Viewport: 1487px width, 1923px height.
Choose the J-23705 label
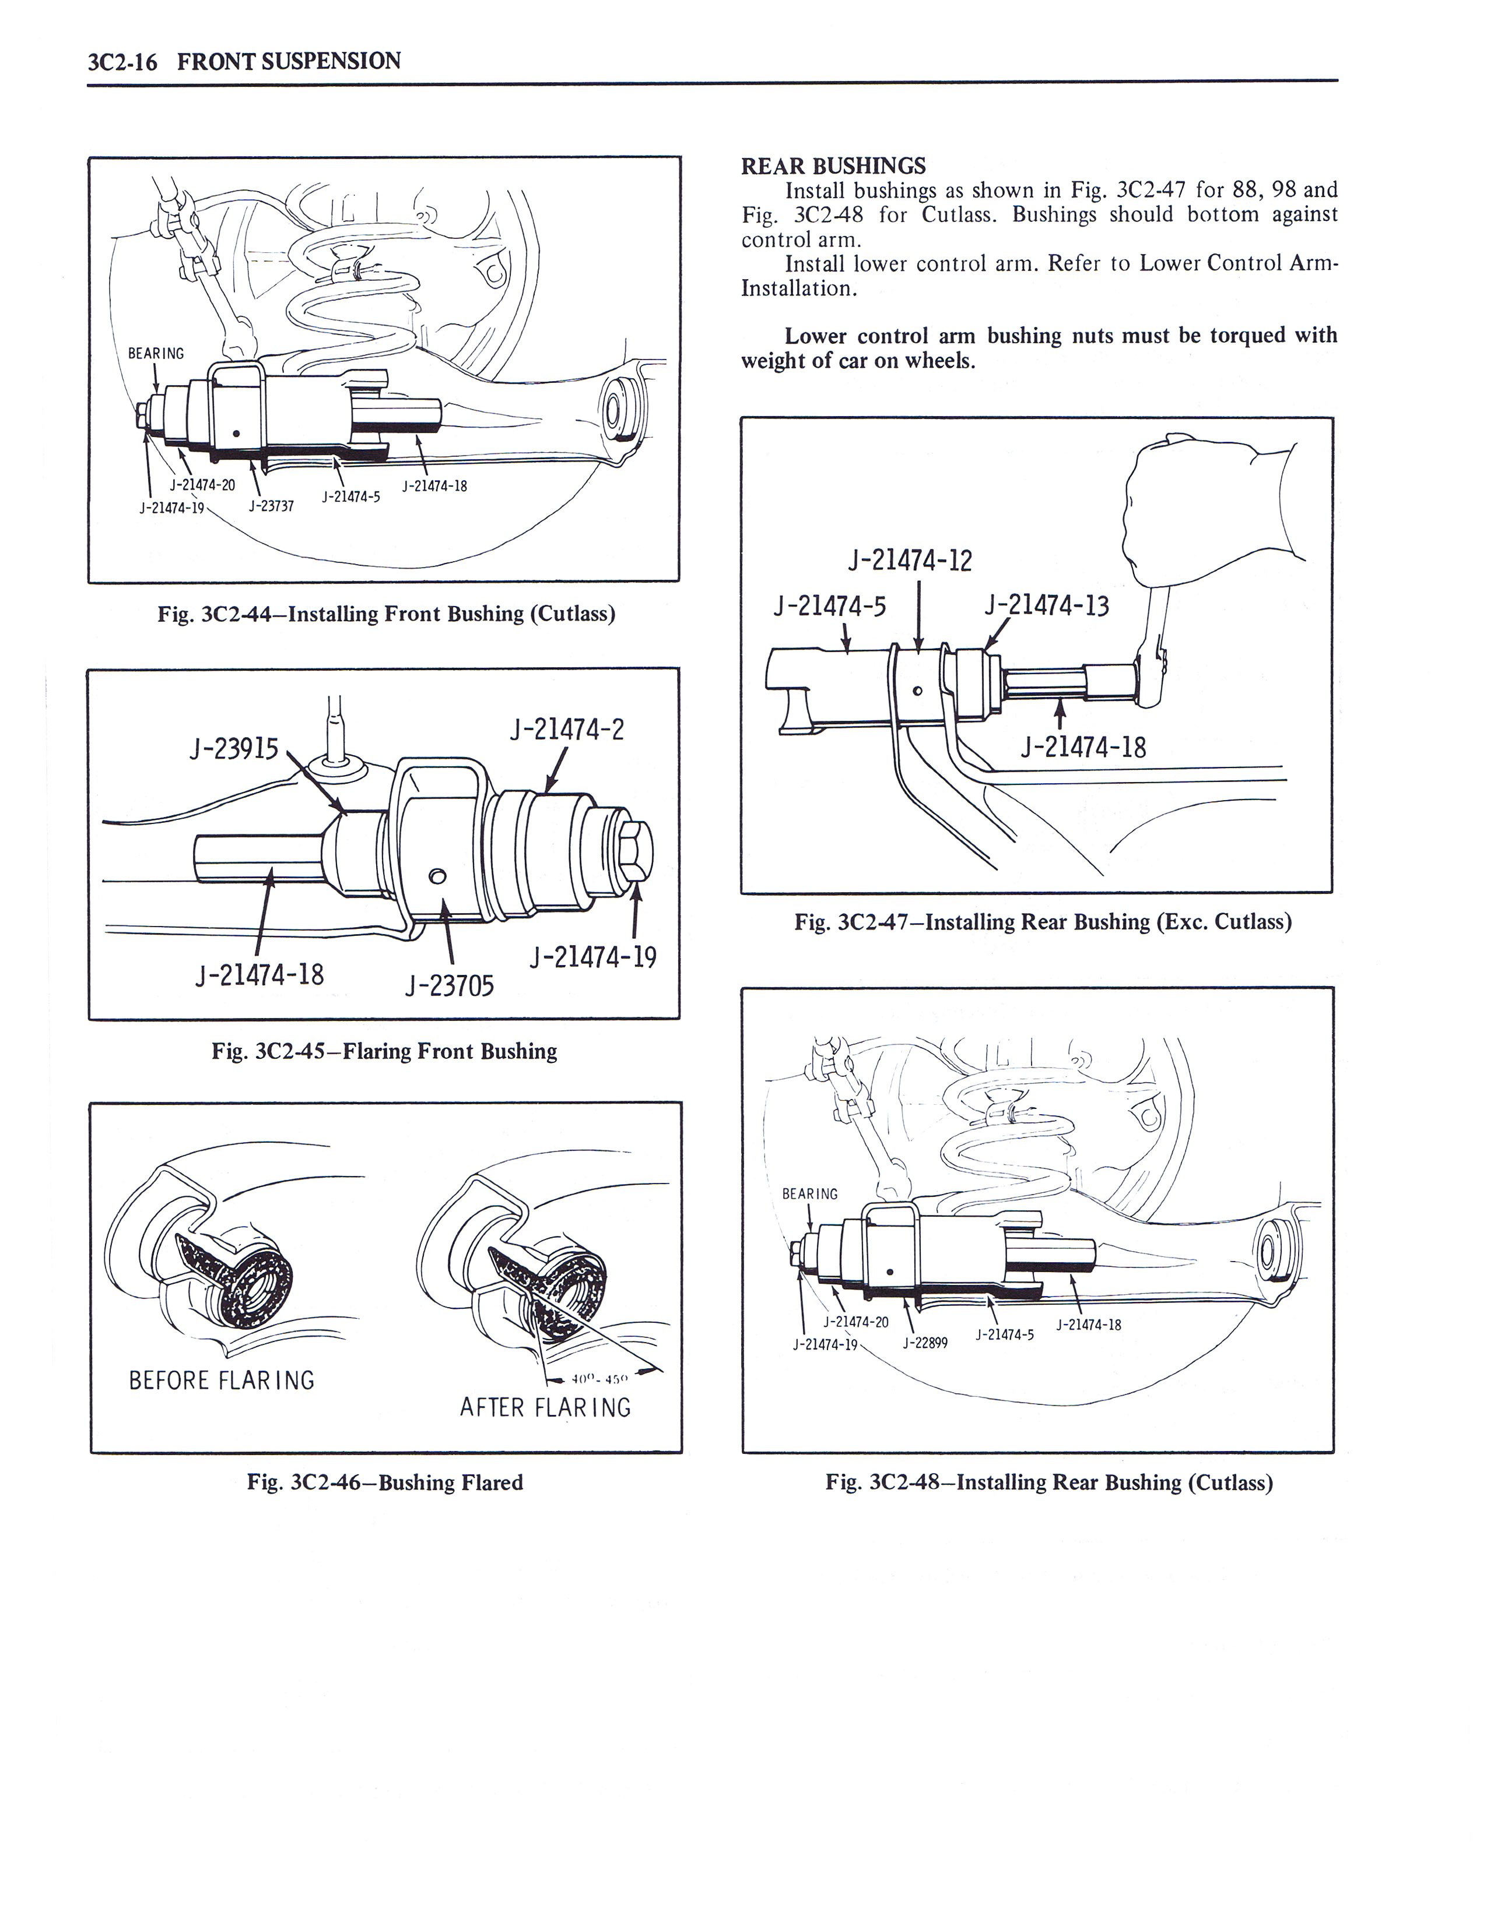pyautogui.click(x=449, y=985)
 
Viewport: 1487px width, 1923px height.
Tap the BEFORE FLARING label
pyautogui.click(x=221, y=1380)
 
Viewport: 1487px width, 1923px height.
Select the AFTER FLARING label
pyautogui.click(x=545, y=1408)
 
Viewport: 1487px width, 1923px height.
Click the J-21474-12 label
pyautogui.click(x=909, y=561)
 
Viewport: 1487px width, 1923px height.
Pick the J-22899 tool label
pyautogui.click(x=925, y=1343)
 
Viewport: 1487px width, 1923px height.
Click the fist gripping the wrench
pyautogui.click(x=1198, y=510)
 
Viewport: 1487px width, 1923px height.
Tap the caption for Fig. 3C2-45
pyautogui.click(x=384, y=1051)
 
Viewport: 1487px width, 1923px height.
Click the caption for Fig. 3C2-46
pyautogui.click(x=385, y=1483)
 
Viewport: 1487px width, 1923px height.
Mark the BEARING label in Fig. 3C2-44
pyautogui.click(x=156, y=353)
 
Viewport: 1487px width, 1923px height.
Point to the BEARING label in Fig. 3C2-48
pyautogui.click(x=809, y=1194)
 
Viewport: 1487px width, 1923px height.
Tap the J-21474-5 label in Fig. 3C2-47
pyautogui.click(x=829, y=606)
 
